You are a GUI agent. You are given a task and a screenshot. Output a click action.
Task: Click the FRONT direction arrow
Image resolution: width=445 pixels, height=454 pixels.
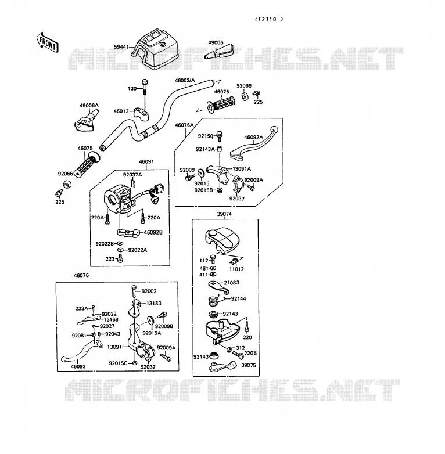pyautogui.click(x=48, y=42)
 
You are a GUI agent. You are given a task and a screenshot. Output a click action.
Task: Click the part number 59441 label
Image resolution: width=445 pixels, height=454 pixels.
pyautogui.click(x=121, y=46)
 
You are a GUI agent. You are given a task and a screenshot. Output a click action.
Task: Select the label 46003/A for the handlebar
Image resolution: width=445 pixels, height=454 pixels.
pyautogui.click(x=185, y=80)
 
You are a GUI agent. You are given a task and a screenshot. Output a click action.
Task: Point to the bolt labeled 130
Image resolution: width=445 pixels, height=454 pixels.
pyautogui.click(x=145, y=87)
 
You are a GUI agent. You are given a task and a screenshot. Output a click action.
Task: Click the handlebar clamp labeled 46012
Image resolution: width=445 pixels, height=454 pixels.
pyautogui.click(x=142, y=113)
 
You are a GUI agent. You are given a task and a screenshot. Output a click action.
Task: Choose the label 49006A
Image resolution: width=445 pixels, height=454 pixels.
pyautogui.click(x=89, y=106)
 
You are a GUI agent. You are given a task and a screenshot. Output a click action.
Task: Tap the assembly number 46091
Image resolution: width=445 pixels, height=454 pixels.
pyautogui.click(x=146, y=161)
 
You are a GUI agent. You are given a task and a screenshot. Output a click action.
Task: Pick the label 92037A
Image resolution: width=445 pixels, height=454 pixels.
pyautogui.click(x=132, y=175)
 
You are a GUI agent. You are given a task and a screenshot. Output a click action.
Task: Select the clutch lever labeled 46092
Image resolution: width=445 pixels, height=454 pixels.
pyautogui.click(x=82, y=351)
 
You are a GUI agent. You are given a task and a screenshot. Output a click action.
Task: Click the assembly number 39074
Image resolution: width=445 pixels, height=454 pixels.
pyautogui.click(x=224, y=214)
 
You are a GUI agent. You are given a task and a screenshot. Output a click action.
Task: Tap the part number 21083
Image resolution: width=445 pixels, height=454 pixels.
pyautogui.click(x=231, y=283)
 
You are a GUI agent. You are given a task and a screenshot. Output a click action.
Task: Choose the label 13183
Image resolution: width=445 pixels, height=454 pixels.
pyautogui.click(x=154, y=303)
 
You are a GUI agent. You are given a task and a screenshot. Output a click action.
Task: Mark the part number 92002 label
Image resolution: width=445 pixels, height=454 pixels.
pyautogui.click(x=149, y=291)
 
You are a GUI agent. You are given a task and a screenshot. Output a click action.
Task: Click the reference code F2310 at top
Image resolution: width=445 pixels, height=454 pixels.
pyautogui.click(x=269, y=19)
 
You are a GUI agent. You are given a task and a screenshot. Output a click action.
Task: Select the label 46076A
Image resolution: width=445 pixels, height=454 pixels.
pyautogui.click(x=184, y=125)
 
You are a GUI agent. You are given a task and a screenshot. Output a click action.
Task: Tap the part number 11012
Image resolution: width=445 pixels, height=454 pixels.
pyautogui.click(x=236, y=269)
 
